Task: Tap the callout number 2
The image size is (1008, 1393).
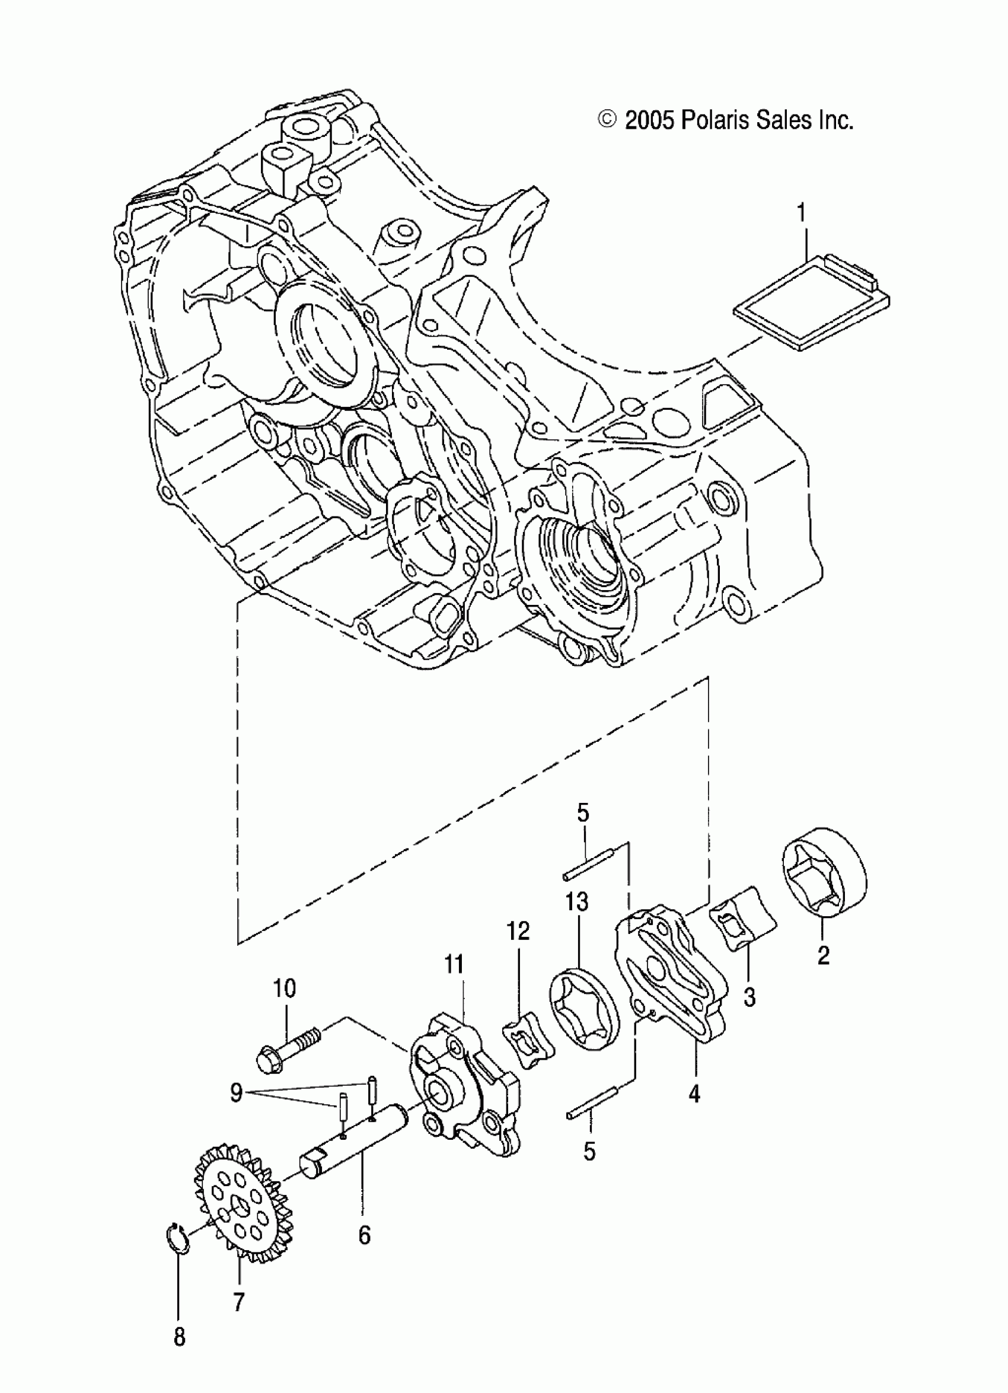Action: tap(823, 956)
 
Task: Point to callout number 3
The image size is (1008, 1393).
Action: tap(749, 997)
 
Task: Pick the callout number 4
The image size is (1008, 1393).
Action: tap(695, 1094)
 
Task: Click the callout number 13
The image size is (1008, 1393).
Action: tap(578, 901)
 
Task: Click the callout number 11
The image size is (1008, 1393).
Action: tap(455, 964)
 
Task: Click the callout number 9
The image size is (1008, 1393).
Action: tap(237, 1094)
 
